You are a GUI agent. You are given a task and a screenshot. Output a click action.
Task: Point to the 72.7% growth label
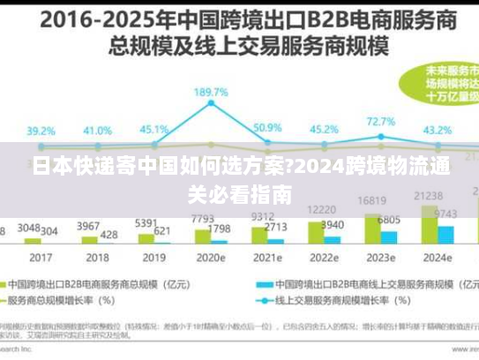[380, 122]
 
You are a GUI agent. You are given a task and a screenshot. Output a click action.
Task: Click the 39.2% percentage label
[40, 131]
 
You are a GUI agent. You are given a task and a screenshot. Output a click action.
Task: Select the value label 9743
[445, 214]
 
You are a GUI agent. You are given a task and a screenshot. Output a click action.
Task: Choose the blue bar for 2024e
[445, 233]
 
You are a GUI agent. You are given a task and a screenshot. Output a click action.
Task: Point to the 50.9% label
[266, 128]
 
